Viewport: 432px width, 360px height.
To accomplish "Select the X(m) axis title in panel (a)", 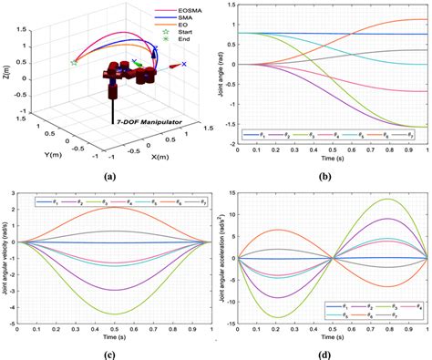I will [159, 155].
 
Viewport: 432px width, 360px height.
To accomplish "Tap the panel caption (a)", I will [109, 173].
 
